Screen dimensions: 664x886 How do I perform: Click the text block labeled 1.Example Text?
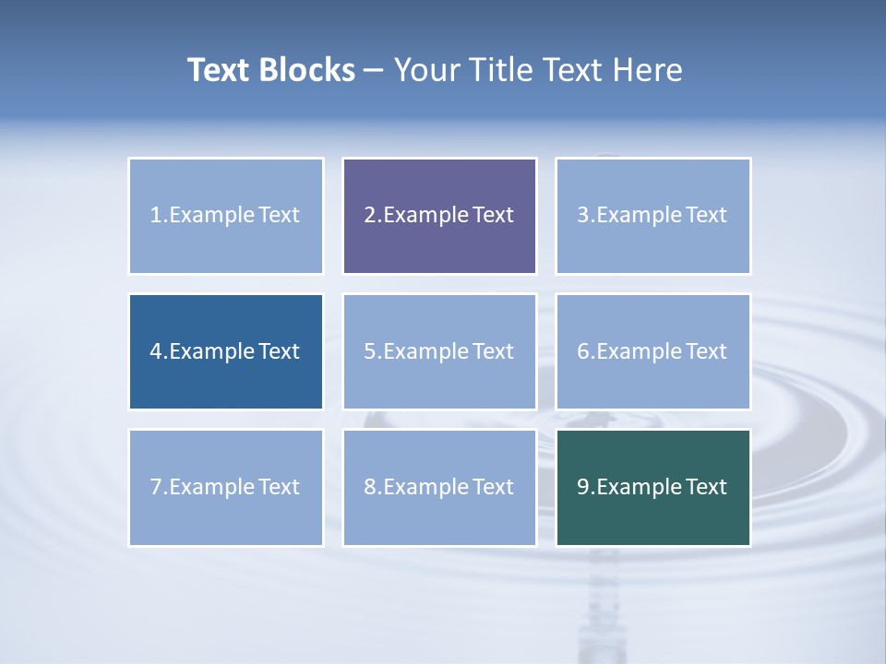(x=226, y=216)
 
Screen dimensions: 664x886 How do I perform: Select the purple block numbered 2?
(x=439, y=216)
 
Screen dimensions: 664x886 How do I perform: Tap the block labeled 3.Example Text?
(x=653, y=216)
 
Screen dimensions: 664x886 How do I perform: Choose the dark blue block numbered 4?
(x=226, y=351)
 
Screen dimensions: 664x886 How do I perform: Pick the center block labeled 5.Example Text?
(x=439, y=351)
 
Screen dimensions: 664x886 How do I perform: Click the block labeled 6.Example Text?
(x=653, y=351)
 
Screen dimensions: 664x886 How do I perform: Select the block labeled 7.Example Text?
(x=226, y=487)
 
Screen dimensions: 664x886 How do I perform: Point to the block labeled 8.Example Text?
(x=439, y=487)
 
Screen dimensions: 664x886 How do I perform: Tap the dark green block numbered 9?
(x=653, y=487)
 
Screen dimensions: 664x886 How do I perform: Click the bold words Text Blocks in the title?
(x=270, y=70)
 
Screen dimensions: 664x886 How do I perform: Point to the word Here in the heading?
(x=651, y=70)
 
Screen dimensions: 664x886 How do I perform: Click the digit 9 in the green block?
(x=582, y=487)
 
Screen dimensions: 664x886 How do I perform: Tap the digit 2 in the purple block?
(x=369, y=216)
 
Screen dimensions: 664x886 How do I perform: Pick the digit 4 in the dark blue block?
(x=156, y=351)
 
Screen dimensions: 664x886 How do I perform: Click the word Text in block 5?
(x=493, y=351)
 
